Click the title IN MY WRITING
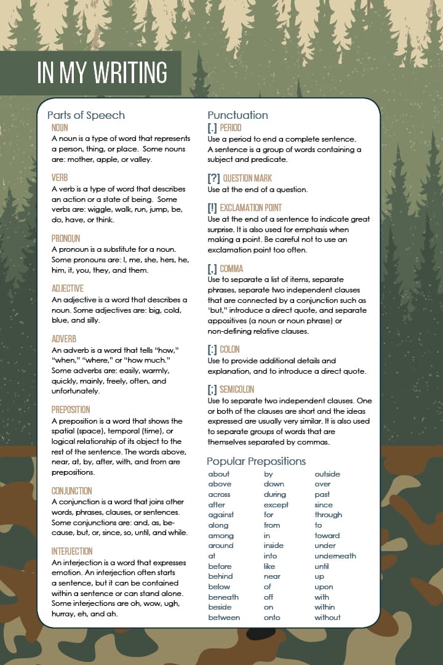click(102, 73)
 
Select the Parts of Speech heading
click(86, 115)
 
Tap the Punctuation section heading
click(237, 115)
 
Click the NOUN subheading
click(60, 128)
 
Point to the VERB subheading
click(60, 178)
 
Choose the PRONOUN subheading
click(66, 238)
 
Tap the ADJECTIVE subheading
click(68, 288)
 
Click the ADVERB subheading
click(64, 339)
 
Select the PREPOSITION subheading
click(71, 409)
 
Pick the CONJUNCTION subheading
click(72, 491)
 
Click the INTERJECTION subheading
click(72, 551)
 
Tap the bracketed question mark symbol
click(214, 179)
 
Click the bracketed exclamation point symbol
click(212, 208)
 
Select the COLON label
click(229, 349)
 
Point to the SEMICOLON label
click(237, 389)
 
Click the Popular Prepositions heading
click(256, 461)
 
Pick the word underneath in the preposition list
click(335, 556)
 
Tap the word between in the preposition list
click(224, 618)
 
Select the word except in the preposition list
click(276, 505)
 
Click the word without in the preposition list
click(327, 618)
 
